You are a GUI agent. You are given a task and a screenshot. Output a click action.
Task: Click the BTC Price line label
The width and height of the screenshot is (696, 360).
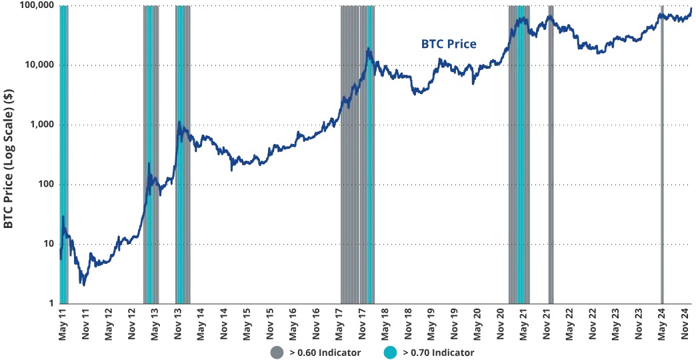point(449,44)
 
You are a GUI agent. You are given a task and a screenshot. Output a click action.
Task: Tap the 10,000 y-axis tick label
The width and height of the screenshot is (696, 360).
point(37,65)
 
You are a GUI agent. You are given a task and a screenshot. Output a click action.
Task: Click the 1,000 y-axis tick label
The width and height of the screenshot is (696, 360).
point(39,125)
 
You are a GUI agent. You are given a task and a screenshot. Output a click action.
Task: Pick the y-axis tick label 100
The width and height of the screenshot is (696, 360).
point(45,185)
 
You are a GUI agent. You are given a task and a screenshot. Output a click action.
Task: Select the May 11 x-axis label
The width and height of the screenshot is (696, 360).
point(63,323)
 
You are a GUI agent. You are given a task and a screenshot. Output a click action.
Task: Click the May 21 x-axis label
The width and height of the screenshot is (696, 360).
point(523,323)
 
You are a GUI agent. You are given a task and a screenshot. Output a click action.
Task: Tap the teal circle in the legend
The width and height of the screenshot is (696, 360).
point(391,352)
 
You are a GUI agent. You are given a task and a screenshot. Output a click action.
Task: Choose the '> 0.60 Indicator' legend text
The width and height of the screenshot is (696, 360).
point(325,352)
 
